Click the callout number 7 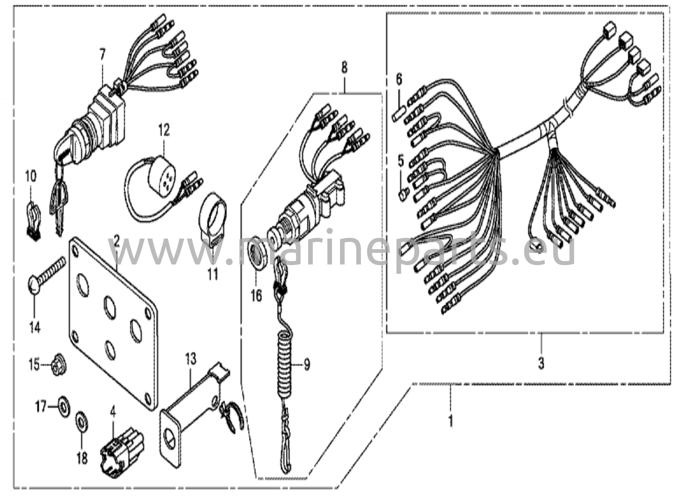tap(102, 54)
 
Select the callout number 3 tap(541, 364)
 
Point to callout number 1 tap(451, 421)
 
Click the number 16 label tap(256, 295)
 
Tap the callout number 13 tap(191, 359)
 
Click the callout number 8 tap(344, 69)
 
